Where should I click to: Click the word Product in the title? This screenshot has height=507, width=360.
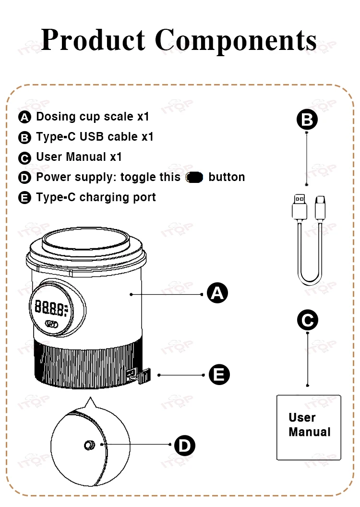[x=94, y=40]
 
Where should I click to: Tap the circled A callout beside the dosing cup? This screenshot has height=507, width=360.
[x=217, y=293]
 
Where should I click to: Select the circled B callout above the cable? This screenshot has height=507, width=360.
[x=307, y=120]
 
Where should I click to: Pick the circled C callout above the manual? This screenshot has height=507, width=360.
[x=307, y=320]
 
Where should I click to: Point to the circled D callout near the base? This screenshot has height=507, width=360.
[x=184, y=446]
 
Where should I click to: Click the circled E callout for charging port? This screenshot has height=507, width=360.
[x=219, y=374]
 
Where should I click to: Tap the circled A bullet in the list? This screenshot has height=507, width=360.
[x=24, y=117]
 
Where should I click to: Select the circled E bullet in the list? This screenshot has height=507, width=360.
[x=24, y=198]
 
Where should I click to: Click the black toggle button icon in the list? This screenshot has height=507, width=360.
[x=194, y=177]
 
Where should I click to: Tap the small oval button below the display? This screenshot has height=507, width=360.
[x=52, y=324]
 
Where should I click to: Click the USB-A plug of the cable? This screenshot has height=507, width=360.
[x=300, y=207]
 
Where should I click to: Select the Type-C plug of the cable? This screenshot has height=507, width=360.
[x=320, y=207]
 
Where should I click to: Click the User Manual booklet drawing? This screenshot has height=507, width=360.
[x=309, y=427]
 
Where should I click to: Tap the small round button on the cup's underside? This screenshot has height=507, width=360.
[x=89, y=445]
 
